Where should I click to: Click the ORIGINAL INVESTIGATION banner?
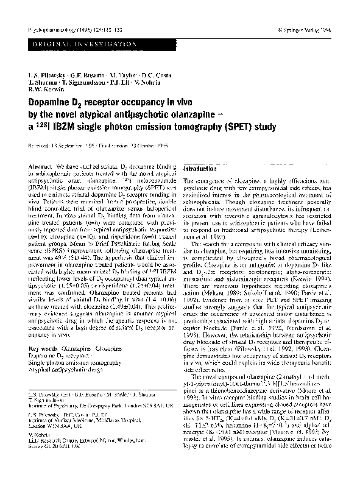(76, 44)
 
